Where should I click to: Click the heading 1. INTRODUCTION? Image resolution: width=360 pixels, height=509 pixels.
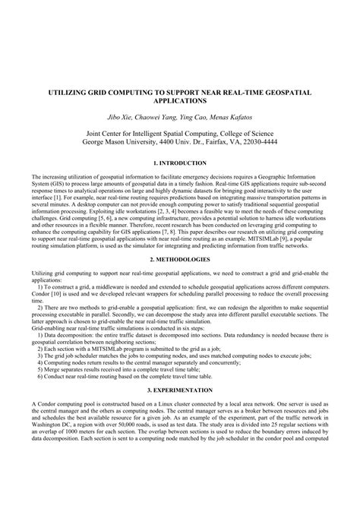(x=179, y=163)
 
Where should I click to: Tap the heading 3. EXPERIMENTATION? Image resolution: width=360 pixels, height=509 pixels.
(x=179, y=387)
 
